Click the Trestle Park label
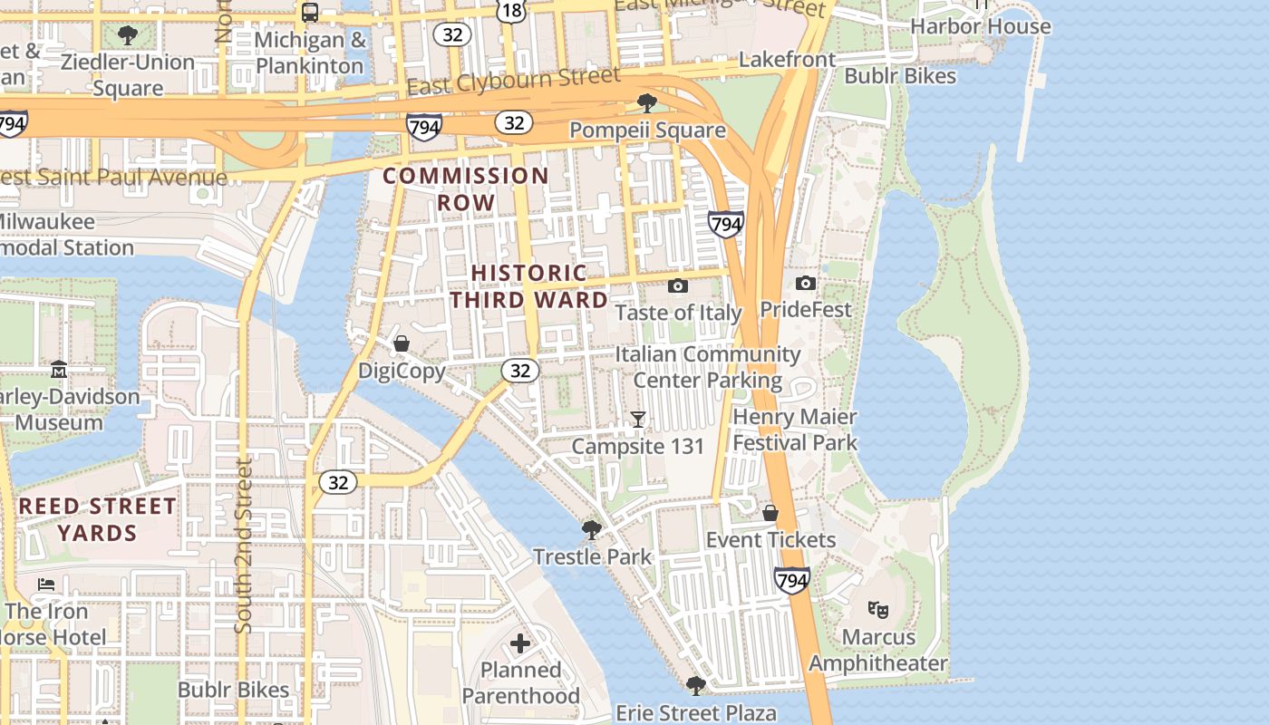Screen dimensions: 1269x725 (x=592, y=556)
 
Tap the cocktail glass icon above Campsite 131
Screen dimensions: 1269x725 (x=638, y=419)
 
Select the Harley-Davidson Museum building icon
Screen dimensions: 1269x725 (x=59, y=369)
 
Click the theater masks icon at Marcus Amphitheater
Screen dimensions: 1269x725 (x=877, y=609)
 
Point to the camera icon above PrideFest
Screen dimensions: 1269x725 (x=805, y=284)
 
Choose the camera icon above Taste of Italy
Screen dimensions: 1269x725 (x=677, y=286)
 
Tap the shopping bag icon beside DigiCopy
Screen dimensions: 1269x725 (x=402, y=343)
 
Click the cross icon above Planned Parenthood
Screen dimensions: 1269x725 (x=519, y=643)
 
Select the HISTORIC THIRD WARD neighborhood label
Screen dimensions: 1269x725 (x=529, y=285)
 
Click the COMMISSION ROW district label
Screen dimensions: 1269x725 (x=466, y=188)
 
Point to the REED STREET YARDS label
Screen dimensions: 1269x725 (x=97, y=519)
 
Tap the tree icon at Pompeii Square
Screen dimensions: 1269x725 (x=646, y=101)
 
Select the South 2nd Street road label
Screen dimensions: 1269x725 (x=243, y=546)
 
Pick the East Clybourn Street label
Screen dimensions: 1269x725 (x=514, y=82)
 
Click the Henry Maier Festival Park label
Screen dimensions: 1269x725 (x=794, y=430)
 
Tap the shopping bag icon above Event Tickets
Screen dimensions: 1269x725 (x=770, y=513)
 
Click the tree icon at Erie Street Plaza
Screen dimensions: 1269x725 (x=695, y=685)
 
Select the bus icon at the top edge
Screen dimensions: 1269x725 (x=310, y=12)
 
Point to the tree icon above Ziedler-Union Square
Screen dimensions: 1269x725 (x=128, y=35)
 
